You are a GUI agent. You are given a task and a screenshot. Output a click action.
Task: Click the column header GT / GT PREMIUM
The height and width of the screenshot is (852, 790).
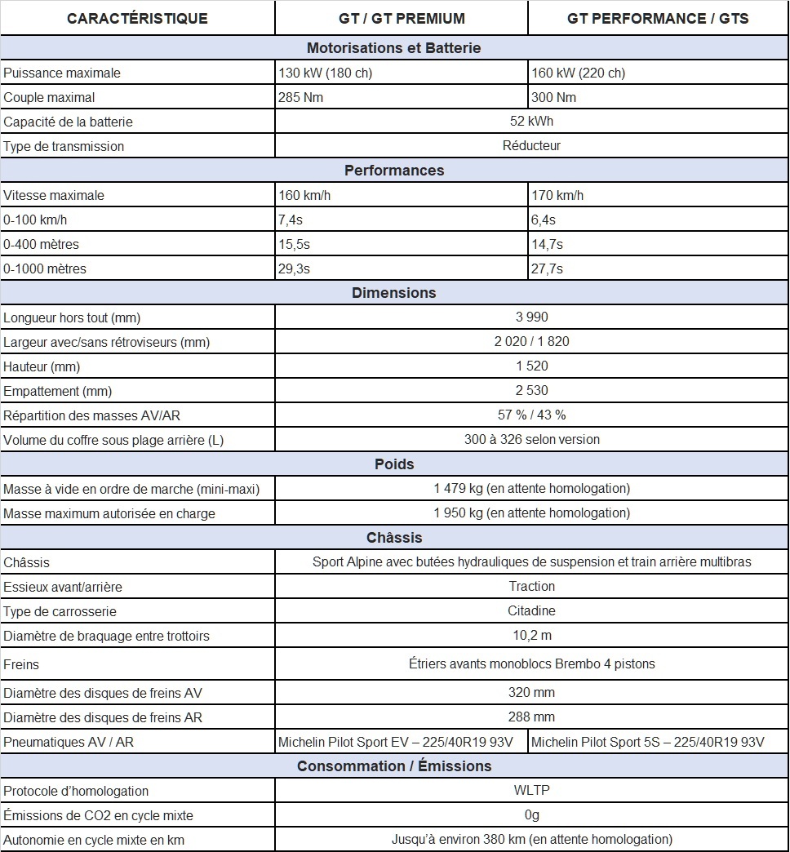(x=401, y=18)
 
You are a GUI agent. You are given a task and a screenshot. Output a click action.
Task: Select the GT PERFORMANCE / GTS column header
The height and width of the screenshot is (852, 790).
(x=658, y=18)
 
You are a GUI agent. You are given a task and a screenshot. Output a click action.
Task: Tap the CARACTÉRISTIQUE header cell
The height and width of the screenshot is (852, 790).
(x=137, y=18)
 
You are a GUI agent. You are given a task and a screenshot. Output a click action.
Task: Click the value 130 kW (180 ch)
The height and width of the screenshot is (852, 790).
(x=326, y=73)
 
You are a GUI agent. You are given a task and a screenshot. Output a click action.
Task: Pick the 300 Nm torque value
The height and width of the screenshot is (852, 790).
(x=554, y=97)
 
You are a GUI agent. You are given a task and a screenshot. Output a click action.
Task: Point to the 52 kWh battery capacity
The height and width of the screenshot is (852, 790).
(x=531, y=122)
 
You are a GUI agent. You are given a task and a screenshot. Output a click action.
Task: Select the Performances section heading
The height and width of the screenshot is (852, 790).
(x=394, y=171)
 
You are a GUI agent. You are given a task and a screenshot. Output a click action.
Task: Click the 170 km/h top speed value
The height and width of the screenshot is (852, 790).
(x=558, y=195)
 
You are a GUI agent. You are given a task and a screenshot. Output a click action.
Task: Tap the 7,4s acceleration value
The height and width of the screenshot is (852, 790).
(x=291, y=220)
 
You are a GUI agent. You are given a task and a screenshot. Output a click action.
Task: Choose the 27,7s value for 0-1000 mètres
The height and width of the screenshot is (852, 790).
(x=548, y=268)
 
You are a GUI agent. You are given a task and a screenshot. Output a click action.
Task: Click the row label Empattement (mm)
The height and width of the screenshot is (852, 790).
(x=58, y=391)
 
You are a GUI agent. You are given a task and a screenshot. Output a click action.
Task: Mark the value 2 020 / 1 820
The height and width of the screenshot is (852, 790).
(x=531, y=342)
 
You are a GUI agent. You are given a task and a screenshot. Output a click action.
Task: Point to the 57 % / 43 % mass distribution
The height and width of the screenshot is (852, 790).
(x=531, y=415)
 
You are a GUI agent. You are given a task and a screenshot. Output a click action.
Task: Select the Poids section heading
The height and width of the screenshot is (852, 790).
(x=394, y=464)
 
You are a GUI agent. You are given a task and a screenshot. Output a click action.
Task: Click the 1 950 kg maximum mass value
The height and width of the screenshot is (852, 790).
(x=531, y=513)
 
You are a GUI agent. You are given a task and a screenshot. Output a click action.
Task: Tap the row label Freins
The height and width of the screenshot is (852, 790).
(x=21, y=664)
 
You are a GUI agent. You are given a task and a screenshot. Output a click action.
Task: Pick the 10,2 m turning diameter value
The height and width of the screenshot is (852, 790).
(x=531, y=636)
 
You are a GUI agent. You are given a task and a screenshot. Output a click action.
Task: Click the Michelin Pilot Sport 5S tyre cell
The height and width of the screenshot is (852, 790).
(x=648, y=742)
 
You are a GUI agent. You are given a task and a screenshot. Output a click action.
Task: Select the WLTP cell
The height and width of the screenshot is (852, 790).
(x=531, y=790)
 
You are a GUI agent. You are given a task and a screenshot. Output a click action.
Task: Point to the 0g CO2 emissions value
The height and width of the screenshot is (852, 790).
(x=531, y=814)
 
